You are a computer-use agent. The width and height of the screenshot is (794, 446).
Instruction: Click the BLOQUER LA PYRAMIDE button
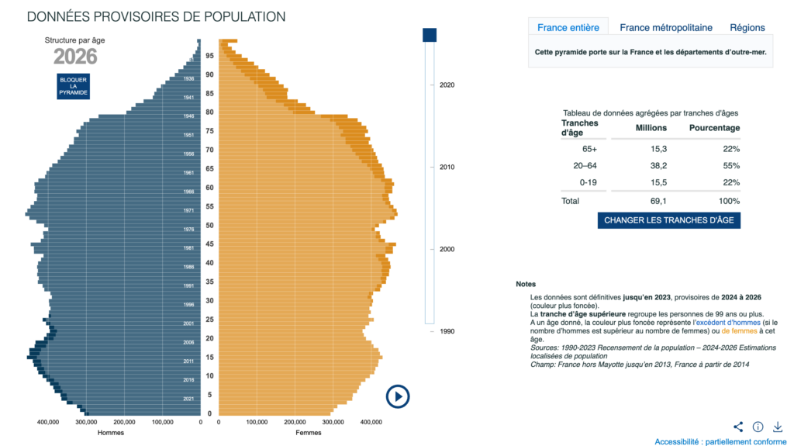pos(74,85)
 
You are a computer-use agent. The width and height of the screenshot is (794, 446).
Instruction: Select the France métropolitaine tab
pos(665,28)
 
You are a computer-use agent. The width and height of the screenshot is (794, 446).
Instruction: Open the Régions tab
pos(747,28)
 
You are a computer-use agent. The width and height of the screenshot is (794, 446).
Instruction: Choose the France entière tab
pos(568,28)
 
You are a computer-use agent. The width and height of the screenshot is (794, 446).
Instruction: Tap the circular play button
pos(398,396)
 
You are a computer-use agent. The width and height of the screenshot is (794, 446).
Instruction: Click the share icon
pos(738,427)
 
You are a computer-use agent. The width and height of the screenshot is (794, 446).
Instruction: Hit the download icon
pos(778,427)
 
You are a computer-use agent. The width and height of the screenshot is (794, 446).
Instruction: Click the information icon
pos(758,427)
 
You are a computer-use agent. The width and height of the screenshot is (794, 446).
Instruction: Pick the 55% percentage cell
pos(730,166)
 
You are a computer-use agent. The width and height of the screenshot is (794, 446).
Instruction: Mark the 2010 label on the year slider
pos(447,168)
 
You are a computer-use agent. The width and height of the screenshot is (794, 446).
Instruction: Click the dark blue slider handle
pos(430,35)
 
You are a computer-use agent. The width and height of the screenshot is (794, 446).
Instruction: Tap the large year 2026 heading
pos(75,57)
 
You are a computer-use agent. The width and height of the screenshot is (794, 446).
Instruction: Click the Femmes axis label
pos(309,433)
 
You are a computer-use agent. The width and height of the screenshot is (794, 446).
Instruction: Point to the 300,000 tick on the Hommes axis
pos(86,423)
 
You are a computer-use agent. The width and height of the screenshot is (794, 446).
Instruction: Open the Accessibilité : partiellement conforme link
pos(720,441)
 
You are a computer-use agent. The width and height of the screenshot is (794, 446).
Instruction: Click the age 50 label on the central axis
pos(209,226)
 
